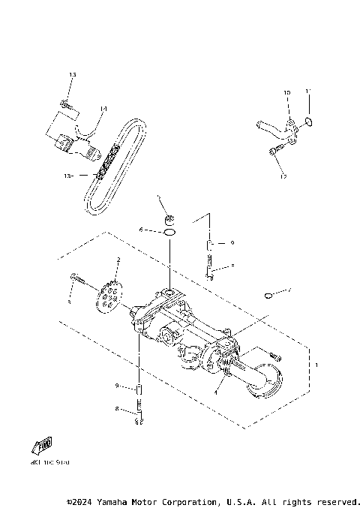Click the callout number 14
(103, 109)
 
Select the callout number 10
(286, 93)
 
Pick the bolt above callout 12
(274, 152)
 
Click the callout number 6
(140, 230)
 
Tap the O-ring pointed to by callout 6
(169, 233)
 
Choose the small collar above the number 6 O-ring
(169, 219)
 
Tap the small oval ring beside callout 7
(268, 295)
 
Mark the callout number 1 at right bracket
(316, 365)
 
